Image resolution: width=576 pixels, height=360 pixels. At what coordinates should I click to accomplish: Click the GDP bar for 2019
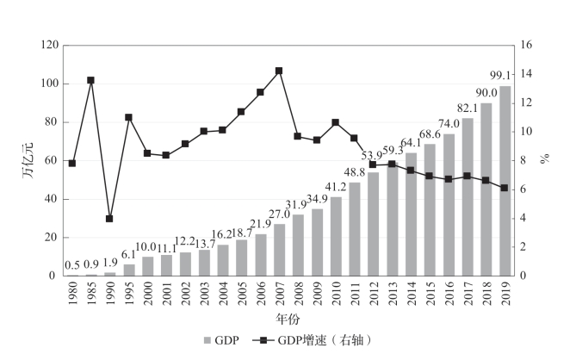point(505,181)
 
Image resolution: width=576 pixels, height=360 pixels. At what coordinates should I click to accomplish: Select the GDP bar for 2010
point(336,237)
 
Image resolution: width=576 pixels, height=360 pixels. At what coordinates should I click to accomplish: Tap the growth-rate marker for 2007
point(279,71)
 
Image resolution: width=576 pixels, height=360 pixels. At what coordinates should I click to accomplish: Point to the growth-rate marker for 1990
point(109,219)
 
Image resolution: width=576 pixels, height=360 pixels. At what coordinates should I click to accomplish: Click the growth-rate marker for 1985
point(90,80)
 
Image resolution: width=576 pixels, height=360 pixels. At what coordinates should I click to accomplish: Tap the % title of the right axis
point(544,160)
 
